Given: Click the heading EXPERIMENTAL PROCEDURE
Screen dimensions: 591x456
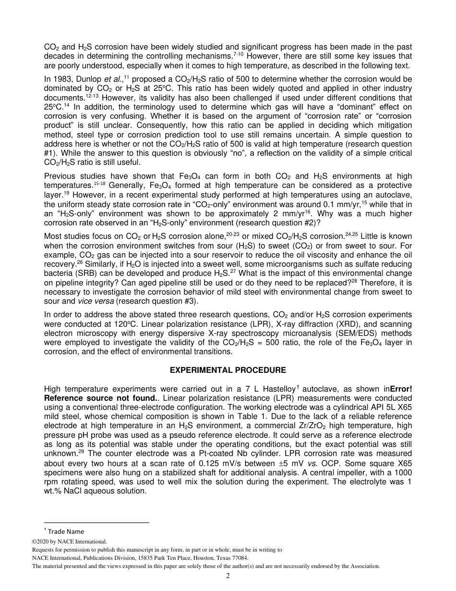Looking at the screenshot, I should pos(228,370).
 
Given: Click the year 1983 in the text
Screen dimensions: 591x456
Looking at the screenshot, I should pos(61,79).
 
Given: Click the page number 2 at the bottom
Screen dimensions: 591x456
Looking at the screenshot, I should pos(228,576).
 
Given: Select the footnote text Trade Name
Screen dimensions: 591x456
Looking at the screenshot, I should pos(66,531).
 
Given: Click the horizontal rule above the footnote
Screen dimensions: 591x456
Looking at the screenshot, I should pos(96,522).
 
